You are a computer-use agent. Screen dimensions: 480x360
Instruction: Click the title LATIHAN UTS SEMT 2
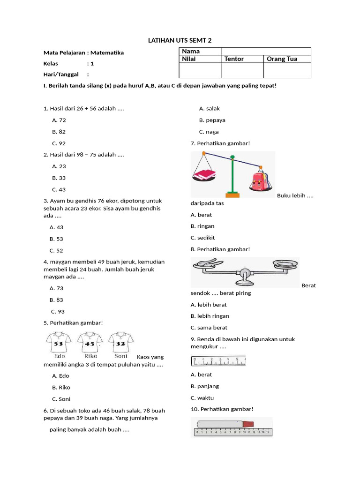(x=180, y=40)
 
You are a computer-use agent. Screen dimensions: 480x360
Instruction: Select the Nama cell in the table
(x=191, y=51)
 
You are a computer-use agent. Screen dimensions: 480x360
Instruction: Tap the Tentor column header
(x=234, y=59)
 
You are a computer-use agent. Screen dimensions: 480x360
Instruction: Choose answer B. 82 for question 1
(x=59, y=132)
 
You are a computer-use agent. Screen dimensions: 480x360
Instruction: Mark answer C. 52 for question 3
(x=56, y=250)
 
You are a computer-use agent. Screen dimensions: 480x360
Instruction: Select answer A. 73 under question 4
(x=56, y=288)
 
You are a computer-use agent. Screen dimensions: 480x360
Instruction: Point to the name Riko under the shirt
(x=90, y=356)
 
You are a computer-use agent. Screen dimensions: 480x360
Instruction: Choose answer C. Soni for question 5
(x=61, y=399)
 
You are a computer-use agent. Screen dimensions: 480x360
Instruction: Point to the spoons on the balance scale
(x=205, y=263)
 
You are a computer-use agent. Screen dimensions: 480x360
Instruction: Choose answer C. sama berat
(x=209, y=328)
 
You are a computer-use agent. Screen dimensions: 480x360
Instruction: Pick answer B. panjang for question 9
(x=205, y=386)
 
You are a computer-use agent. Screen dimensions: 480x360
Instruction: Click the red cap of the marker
(x=248, y=424)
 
